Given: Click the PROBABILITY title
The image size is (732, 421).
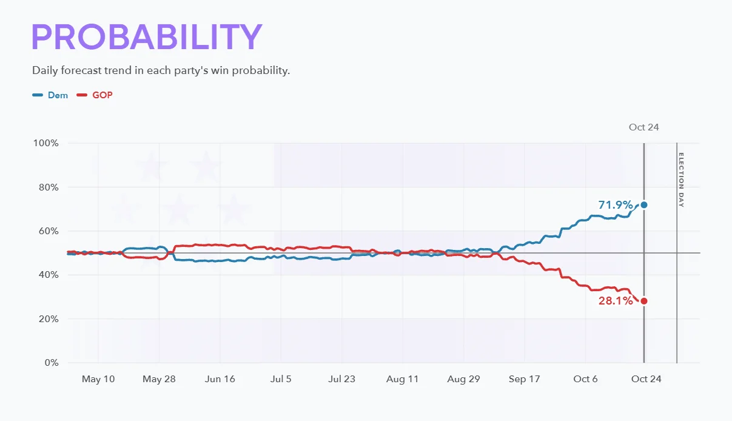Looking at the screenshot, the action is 147,36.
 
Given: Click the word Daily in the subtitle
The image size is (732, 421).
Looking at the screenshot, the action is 45,70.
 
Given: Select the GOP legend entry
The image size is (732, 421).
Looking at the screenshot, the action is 95,95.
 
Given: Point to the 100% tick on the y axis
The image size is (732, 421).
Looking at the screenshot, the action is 45,143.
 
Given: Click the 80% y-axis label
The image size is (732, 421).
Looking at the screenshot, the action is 49,187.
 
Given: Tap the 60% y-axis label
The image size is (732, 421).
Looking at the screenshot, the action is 49,231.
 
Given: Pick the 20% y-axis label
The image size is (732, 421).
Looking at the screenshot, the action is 49,319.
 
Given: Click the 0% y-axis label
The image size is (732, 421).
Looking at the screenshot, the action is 52,363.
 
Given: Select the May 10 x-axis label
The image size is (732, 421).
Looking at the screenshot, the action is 98,379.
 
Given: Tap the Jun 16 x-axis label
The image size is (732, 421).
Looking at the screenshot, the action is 220,379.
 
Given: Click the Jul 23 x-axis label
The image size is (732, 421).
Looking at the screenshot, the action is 341,379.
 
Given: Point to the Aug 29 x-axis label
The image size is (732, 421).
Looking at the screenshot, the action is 463,379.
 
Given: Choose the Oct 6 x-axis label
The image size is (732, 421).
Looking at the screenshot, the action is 585,379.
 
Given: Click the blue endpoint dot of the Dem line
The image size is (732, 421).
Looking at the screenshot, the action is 644,205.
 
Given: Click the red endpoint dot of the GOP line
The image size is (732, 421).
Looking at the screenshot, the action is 644,301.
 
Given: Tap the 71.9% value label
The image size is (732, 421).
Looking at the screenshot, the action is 616,205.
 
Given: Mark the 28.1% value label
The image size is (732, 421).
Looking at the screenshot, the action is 616,301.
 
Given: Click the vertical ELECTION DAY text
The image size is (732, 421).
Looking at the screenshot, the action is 681,180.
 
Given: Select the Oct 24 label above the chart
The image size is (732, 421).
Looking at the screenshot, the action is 644,127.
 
